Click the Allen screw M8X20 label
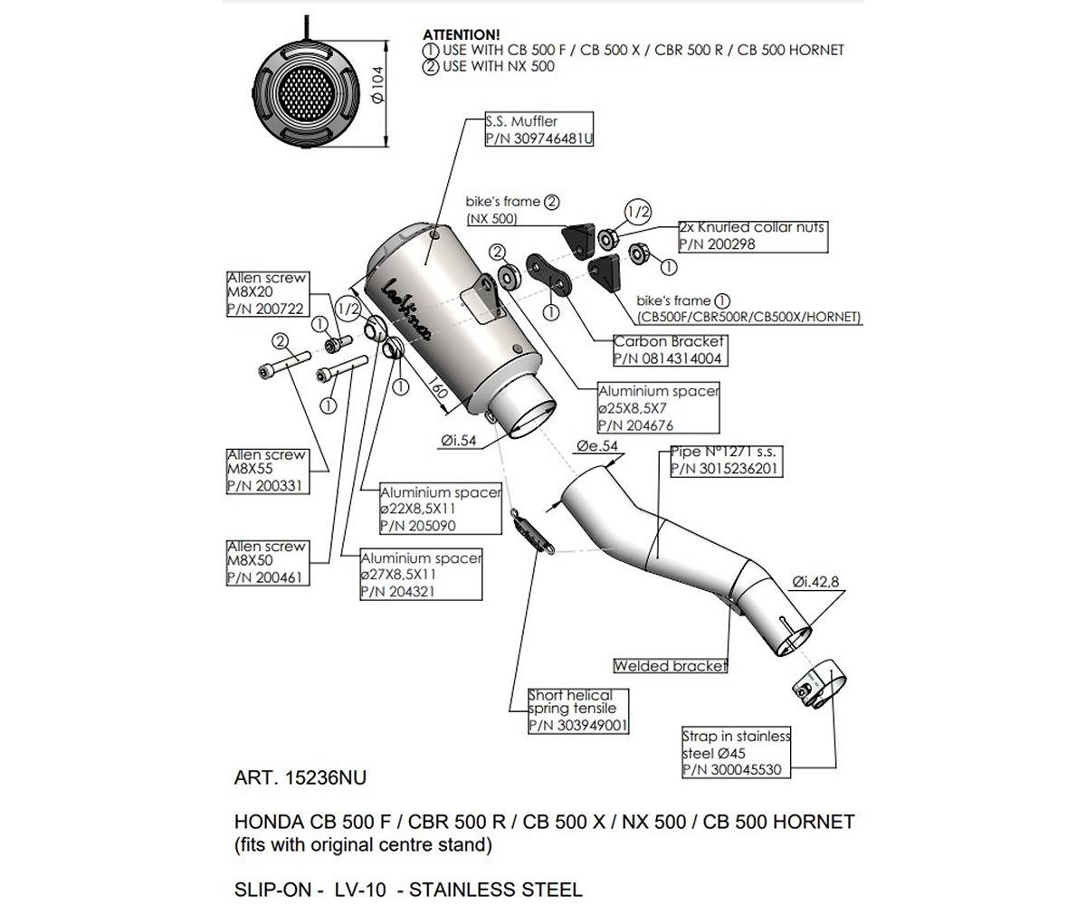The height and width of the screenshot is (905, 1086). pos(267,293)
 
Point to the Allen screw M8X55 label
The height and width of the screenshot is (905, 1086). pos(267,471)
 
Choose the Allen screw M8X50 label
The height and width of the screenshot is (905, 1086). pos(267,562)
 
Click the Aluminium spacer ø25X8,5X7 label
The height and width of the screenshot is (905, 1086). pos(659,408)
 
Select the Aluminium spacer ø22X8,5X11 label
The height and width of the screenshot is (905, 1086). pos(440,510)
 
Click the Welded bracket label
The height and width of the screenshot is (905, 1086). pos(671,666)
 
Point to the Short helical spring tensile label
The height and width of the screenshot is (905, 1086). pos(578,710)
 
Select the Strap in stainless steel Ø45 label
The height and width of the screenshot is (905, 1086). pos(737,753)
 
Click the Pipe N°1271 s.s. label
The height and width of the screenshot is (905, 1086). pos(726,461)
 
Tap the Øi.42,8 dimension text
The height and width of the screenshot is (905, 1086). pos(817,582)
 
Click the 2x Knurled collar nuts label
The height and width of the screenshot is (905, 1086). pos(753,235)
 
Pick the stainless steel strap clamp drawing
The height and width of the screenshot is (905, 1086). pos(813,687)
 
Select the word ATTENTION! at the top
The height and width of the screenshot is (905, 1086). pos(461,34)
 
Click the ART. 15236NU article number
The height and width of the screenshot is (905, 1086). pos(300,777)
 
